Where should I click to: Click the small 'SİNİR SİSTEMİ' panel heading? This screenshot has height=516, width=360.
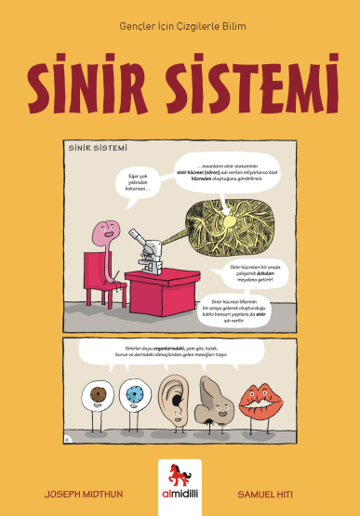[98, 147]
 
